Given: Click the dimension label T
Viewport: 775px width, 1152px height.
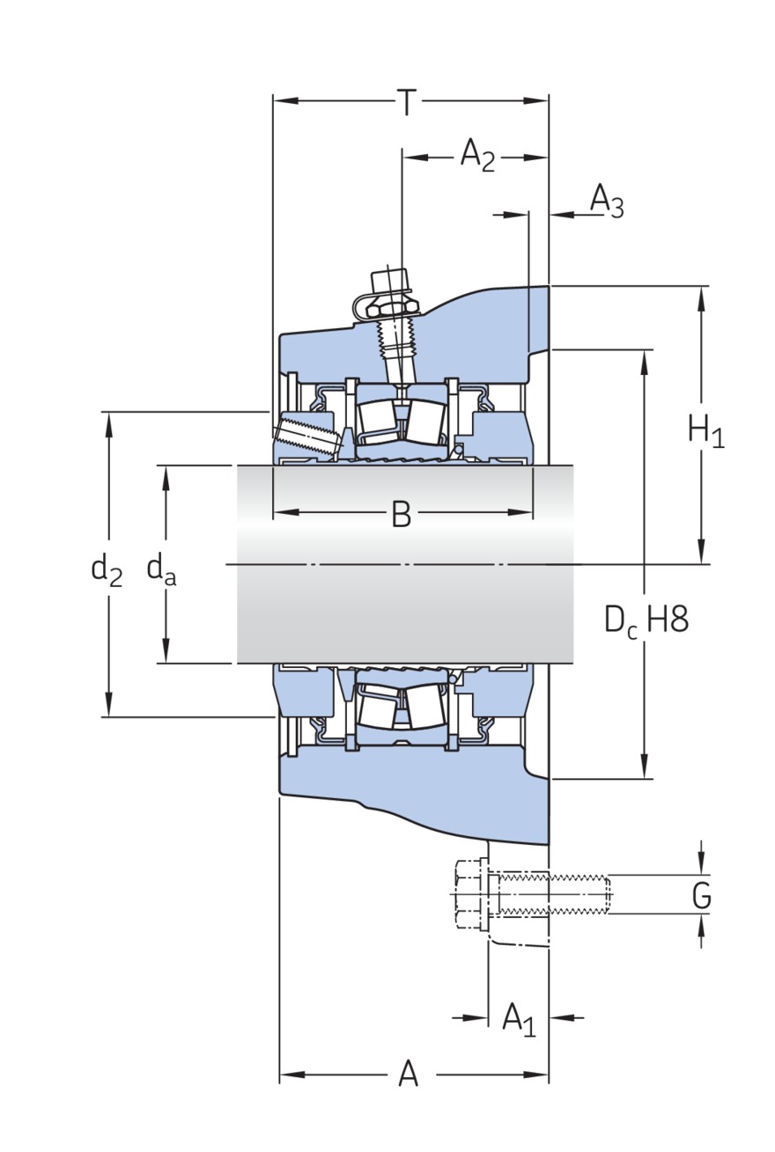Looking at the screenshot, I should click(406, 103).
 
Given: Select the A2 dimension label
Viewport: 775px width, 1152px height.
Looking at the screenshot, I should click(477, 157).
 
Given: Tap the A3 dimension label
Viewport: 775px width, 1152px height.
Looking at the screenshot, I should click(606, 202).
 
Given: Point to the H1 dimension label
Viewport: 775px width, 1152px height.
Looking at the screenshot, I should click(705, 431).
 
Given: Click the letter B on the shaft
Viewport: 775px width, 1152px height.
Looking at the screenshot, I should click(401, 514).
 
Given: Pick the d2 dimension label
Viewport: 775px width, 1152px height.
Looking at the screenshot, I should click(107, 569).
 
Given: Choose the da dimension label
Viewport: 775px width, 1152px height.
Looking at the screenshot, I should click(161, 569).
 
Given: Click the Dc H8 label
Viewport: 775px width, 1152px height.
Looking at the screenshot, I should click(646, 620).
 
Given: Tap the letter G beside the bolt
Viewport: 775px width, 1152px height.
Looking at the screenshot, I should click(701, 896).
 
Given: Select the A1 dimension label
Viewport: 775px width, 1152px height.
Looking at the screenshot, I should click(518, 1019).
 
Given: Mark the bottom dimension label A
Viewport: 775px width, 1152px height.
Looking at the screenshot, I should click(408, 1075).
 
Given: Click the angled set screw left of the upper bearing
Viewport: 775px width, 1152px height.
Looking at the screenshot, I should click(308, 437).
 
